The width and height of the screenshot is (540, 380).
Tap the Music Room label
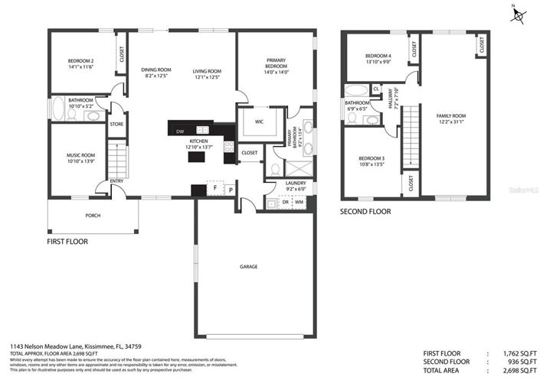pos(80,155)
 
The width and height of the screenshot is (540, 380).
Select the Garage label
pos(248,267)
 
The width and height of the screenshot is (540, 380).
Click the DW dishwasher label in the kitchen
pos(180,132)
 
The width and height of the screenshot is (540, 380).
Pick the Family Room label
pos(451,116)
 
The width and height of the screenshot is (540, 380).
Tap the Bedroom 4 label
pos(378,56)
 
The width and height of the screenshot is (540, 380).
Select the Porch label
pos(93,216)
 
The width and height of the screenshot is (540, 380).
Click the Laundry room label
pos(295,183)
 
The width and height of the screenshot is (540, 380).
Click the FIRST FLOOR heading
pos(67,242)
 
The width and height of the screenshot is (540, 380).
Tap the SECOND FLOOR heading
pos(365,211)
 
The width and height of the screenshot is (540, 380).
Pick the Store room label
pos(116,124)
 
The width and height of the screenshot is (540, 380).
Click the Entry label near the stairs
pos(116,181)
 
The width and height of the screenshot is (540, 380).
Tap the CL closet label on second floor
pos(376,89)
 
